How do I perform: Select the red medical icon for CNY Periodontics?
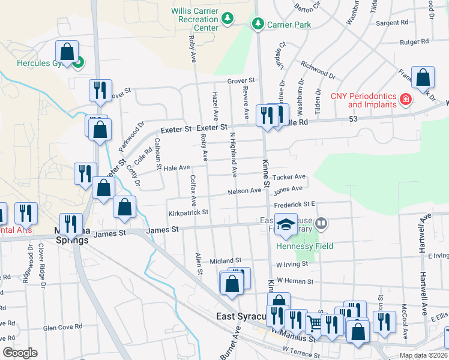coord(406,99)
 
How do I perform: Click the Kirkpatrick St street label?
coord(188,212)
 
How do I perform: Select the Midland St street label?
coord(225,261)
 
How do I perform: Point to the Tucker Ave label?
coord(289,177)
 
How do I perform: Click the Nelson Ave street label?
coord(244,191)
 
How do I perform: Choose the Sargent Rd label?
coord(391,23)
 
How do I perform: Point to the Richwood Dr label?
coord(318,69)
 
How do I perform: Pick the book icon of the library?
coord(321,224)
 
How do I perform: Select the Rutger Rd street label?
coord(415,42)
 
